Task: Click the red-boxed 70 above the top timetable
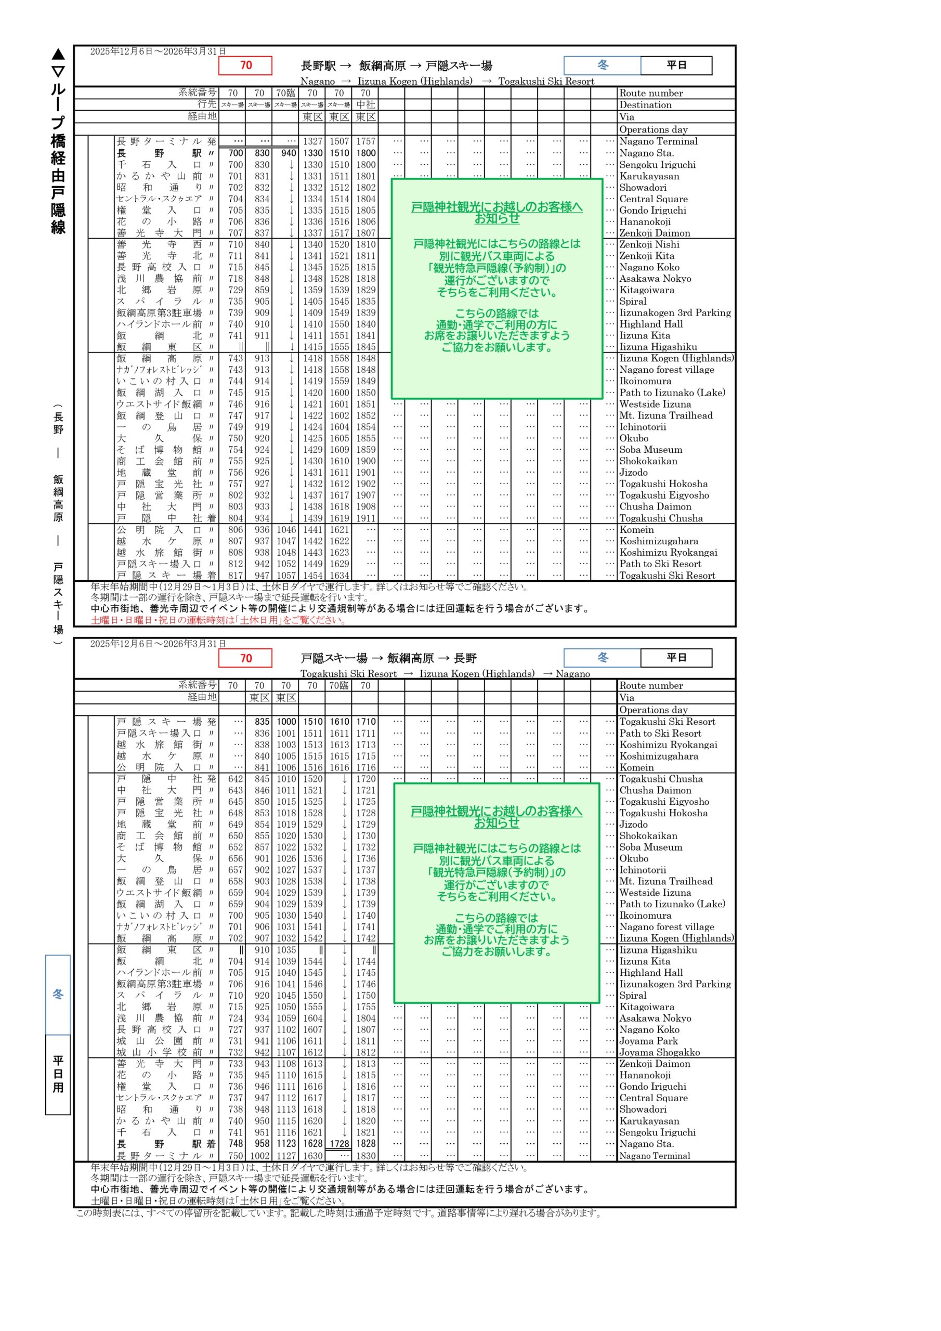point(245,66)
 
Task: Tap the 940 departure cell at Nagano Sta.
point(289,153)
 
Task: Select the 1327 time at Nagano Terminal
point(312,141)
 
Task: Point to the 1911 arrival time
point(366,518)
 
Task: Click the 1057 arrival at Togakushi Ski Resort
point(286,576)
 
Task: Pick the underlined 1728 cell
point(340,1144)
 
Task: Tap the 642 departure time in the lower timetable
point(236,778)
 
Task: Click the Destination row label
point(645,105)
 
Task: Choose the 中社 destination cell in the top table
point(366,105)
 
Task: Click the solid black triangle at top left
point(58,55)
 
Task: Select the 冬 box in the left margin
point(58,994)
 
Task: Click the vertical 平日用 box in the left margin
point(58,1074)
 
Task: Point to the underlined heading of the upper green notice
point(497,212)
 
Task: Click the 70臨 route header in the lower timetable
point(339,685)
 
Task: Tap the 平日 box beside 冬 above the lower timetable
point(676,657)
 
